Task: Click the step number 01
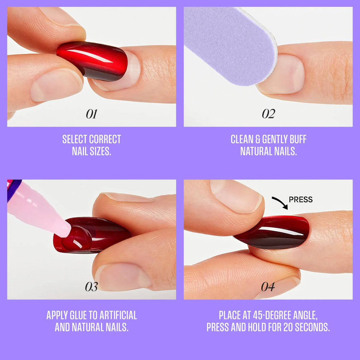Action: [x=92, y=114]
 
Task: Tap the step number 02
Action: [x=268, y=114]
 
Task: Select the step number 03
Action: [x=91, y=287]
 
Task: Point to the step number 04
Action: [x=268, y=287]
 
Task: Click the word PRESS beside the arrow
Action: [x=301, y=200]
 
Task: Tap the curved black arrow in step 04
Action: [x=281, y=203]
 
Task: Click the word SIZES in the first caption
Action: [x=100, y=152]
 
